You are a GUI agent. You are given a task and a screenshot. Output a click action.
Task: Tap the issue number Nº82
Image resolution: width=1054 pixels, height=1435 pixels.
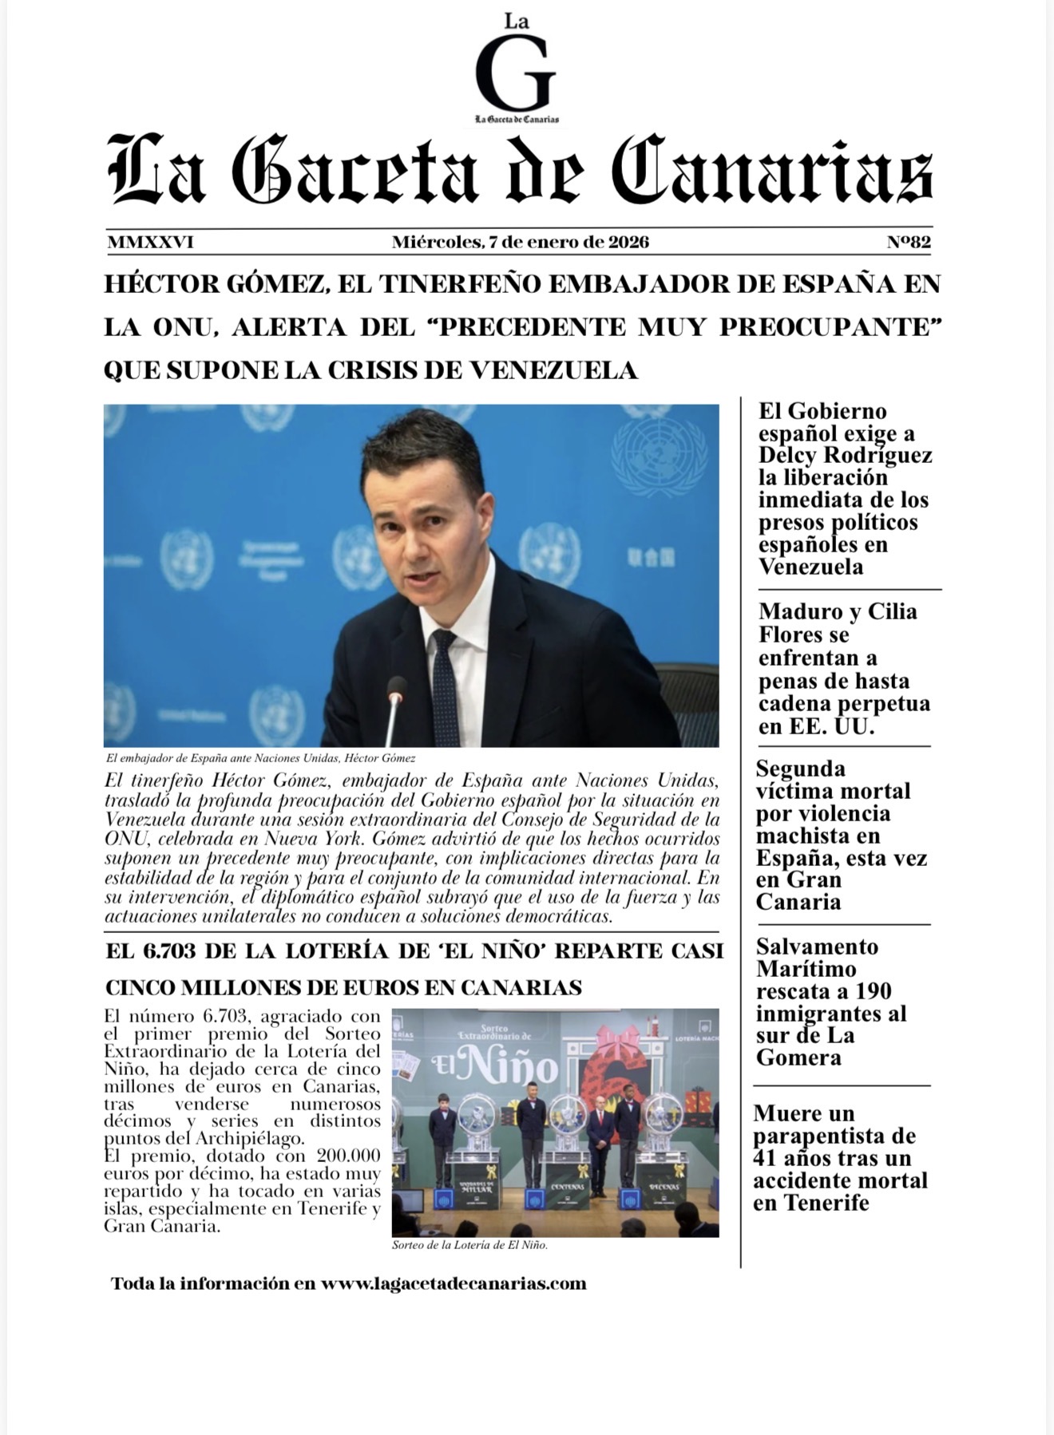908,242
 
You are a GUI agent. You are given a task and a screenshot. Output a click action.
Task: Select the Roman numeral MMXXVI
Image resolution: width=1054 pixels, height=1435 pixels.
150,242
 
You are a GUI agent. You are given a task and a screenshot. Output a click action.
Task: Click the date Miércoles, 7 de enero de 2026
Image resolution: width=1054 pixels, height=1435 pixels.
520,242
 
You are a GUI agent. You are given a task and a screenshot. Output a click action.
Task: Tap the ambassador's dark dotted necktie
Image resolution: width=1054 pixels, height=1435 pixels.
444,686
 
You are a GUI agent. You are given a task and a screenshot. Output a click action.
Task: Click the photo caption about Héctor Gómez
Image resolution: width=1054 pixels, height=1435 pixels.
260,758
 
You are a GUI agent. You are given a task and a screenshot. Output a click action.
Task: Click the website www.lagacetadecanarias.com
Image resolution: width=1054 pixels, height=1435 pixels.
454,1283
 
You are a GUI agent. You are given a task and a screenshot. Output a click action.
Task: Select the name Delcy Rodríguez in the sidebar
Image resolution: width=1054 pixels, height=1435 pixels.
845,456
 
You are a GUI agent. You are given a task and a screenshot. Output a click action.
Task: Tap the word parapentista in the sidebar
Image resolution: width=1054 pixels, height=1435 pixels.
834,1136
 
